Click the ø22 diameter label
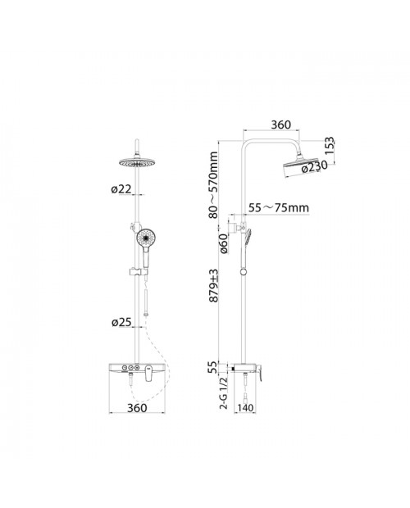coord(121,189)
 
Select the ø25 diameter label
coord(121,322)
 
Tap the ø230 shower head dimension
coord(314,167)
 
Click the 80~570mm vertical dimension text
coord(213,184)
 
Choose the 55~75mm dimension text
coord(279,207)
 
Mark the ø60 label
coord(224,243)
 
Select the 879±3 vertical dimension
coord(213,286)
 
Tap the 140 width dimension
coord(245,407)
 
